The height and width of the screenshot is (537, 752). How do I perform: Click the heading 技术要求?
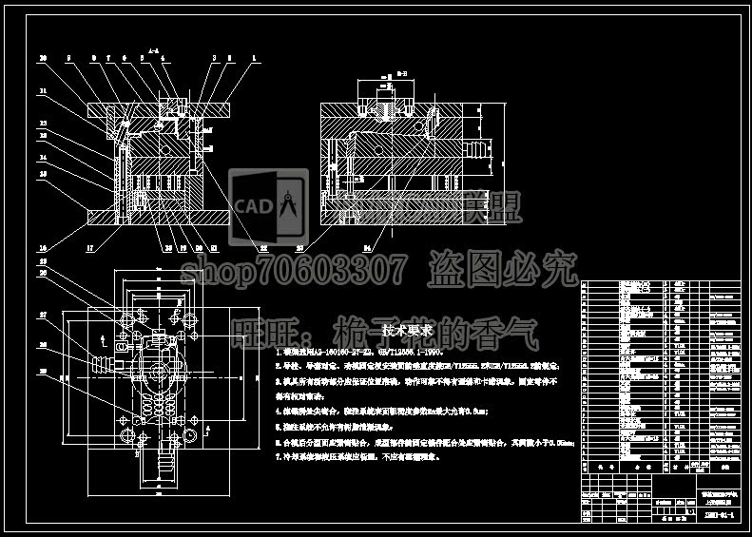(x=408, y=330)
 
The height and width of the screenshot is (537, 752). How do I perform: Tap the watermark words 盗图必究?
(x=503, y=271)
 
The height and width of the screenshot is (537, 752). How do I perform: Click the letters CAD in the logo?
(x=253, y=205)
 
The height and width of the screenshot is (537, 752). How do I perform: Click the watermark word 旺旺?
(x=262, y=334)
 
